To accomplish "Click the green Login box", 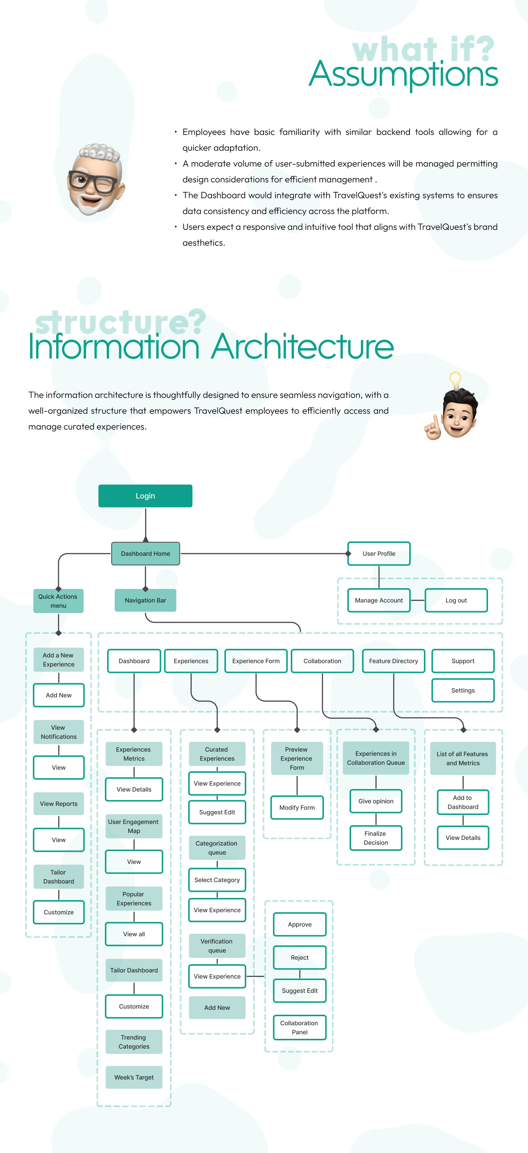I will click(145, 496).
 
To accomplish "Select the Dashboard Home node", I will click(145, 554).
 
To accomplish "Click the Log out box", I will click(456, 600).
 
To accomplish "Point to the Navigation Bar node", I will click(145, 600).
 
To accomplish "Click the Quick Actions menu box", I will click(58, 601).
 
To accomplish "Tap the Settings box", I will click(463, 691).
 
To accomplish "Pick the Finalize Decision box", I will click(376, 838).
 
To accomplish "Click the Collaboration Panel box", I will click(299, 1028).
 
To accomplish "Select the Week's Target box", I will click(134, 1077).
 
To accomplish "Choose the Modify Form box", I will click(297, 807).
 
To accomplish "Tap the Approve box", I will click(299, 924).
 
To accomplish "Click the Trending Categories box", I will click(134, 1042).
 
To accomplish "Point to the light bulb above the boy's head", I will click(455, 380).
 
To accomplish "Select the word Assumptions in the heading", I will click(403, 74).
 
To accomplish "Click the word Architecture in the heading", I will click(302, 347).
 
